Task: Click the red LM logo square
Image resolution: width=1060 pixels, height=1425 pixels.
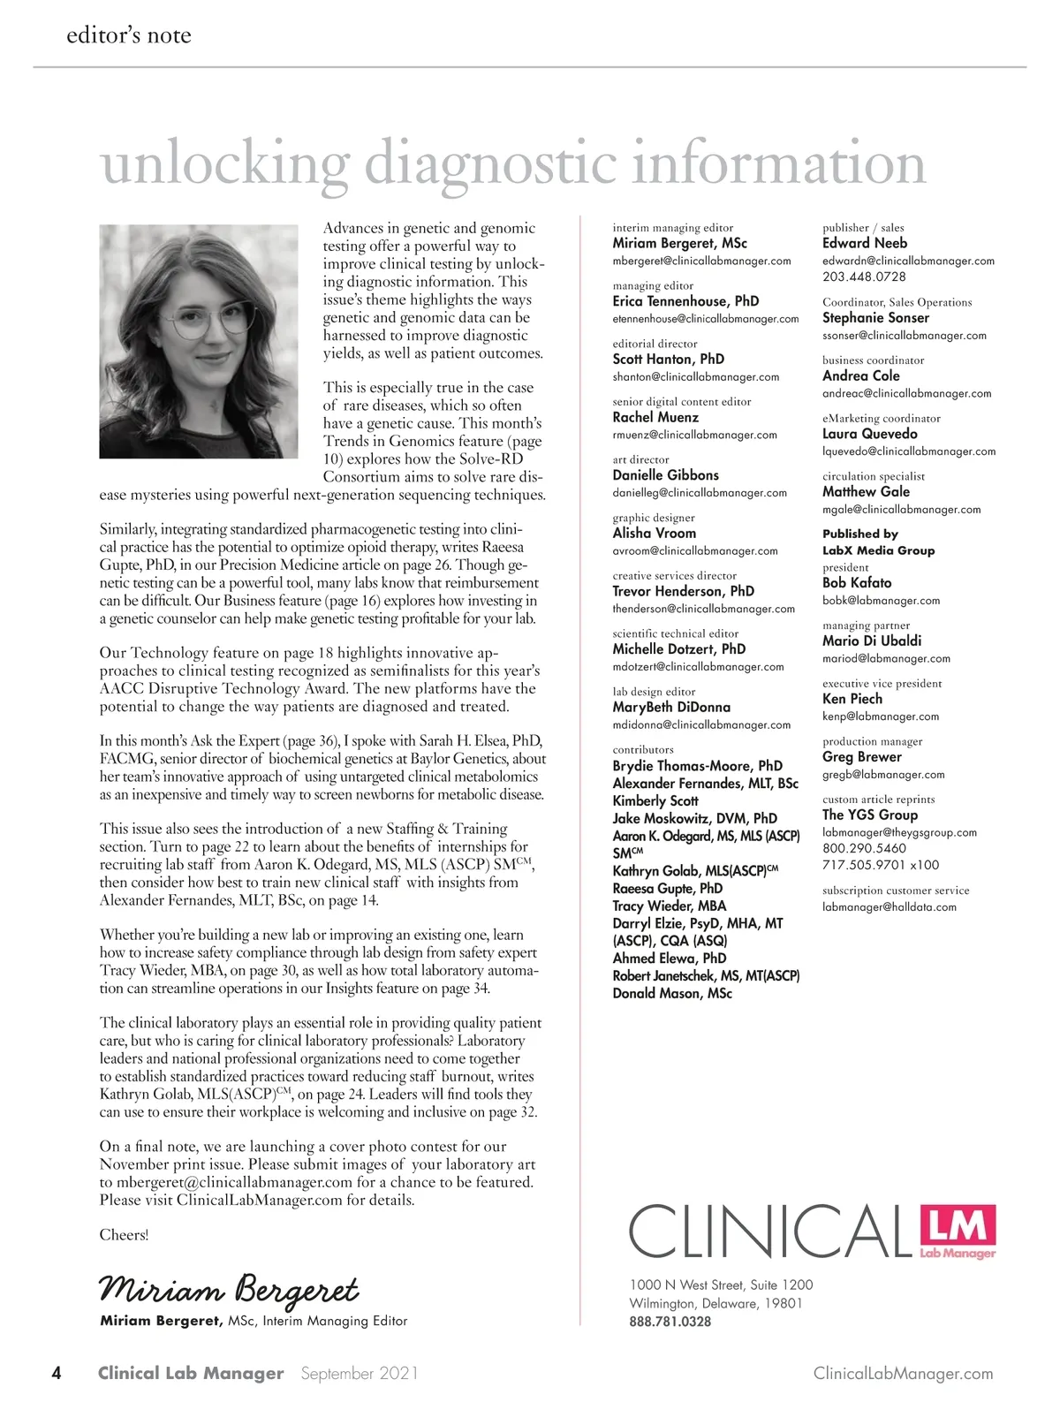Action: click(x=958, y=1231)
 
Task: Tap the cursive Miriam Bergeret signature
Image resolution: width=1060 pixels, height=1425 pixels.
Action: click(x=229, y=1290)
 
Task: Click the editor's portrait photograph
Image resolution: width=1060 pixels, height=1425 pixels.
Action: click(x=199, y=341)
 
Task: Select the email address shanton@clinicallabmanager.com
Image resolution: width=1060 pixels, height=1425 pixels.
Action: click(x=696, y=377)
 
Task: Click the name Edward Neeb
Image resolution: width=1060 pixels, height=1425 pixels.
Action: click(x=865, y=243)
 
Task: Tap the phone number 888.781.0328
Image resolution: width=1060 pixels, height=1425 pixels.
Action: click(x=670, y=1322)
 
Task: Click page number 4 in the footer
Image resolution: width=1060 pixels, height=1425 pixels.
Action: click(x=57, y=1373)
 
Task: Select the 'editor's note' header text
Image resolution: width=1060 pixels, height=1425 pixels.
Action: click(x=129, y=35)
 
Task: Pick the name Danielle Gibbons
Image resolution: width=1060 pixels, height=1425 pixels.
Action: click(x=666, y=475)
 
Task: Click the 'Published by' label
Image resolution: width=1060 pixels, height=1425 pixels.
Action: click(x=860, y=534)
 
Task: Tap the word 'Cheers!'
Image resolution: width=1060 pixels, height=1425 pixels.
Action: click(x=124, y=1235)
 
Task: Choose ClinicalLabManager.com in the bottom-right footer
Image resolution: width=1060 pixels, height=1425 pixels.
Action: click(x=903, y=1374)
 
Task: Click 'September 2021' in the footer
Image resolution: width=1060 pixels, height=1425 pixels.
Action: click(x=360, y=1374)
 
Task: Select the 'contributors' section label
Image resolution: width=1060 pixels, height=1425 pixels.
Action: click(x=643, y=749)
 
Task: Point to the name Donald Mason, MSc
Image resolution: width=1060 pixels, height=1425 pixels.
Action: click(x=672, y=994)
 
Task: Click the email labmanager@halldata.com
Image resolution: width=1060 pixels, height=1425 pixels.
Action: click(x=890, y=907)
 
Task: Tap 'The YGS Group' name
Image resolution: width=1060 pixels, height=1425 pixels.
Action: click(x=870, y=815)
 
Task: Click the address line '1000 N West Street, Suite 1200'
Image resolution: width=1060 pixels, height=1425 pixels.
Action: click(x=721, y=1285)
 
